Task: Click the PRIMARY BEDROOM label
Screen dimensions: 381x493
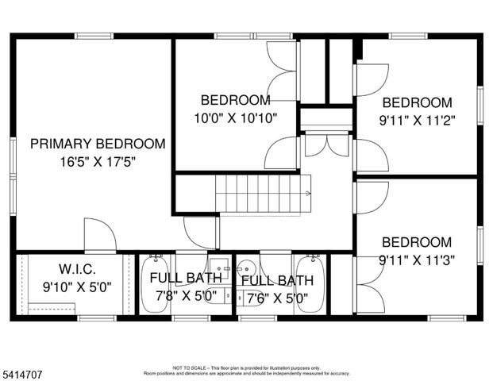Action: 98,144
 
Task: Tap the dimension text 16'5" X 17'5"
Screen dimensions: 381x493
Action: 98,162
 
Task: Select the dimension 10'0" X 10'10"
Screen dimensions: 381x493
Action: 234,118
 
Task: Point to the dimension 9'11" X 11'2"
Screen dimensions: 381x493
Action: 418,121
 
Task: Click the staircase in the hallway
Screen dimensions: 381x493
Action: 262,194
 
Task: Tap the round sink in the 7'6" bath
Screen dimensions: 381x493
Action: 248,267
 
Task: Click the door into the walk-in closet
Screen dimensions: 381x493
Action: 100,237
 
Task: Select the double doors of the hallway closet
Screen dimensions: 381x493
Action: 326,144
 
